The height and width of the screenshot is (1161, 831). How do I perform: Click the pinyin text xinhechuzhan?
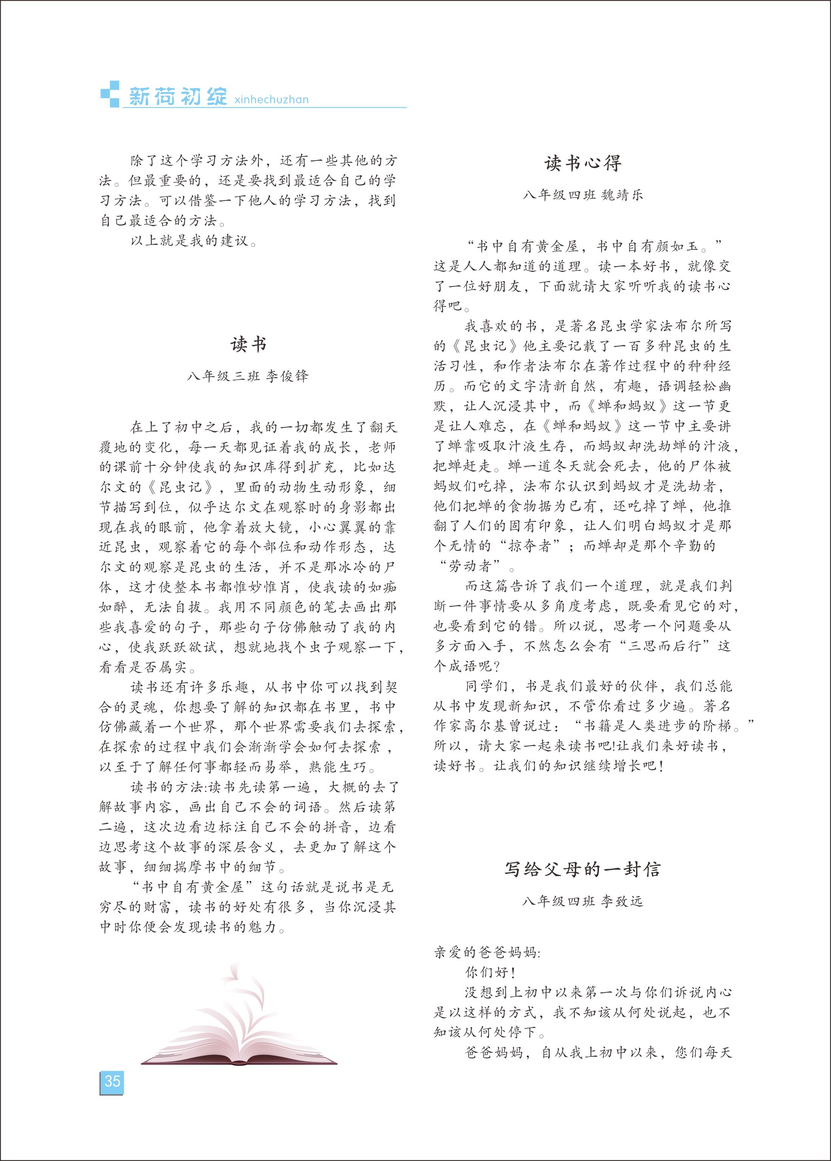[x=271, y=99]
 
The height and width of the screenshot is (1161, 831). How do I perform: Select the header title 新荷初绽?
[x=177, y=96]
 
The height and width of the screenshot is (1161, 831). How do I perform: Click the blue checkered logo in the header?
[x=110, y=94]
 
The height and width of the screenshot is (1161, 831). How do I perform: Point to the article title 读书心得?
[x=582, y=163]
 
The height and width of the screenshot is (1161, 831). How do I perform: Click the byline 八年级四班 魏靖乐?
[x=582, y=195]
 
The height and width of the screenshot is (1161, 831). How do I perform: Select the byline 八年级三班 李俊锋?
[x=248, y=376]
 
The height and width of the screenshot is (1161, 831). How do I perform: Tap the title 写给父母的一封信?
[x=582, y=869]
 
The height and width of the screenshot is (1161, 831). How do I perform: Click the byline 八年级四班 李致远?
[x=582, y=901]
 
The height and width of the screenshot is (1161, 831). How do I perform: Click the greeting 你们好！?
[x=490, y=972]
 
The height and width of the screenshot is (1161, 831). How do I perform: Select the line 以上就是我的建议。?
[x=193, y=240]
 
